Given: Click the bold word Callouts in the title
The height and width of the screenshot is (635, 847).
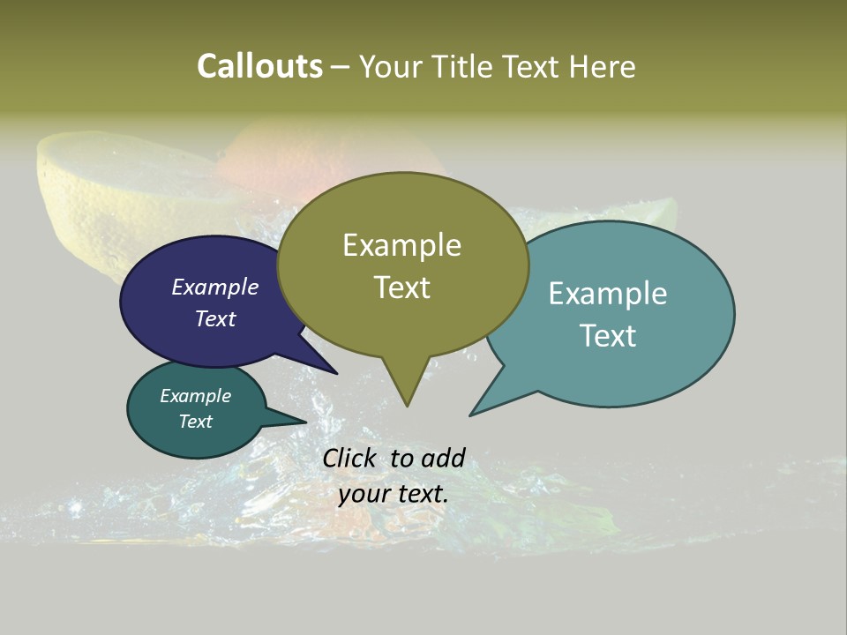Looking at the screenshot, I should pos(259,66).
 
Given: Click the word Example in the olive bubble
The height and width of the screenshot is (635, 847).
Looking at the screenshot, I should pos(401,245).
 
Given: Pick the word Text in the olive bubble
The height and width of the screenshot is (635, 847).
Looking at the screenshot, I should pos(401,288).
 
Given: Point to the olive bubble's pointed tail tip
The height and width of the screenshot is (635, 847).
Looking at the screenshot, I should pos(407,405).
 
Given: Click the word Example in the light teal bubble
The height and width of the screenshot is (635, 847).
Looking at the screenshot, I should pos(608,293).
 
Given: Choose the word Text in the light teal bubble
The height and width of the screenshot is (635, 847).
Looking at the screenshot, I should pos(608,335).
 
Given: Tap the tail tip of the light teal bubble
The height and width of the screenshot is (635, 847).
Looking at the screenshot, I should pos(471,415).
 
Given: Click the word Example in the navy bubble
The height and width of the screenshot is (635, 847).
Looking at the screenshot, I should pos(215,287).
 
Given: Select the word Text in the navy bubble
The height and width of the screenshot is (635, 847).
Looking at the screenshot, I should pos(215,318).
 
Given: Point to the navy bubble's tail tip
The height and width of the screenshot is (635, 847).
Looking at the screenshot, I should pos(336,373).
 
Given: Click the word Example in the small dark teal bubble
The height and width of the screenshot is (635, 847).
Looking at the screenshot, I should pos(195,396).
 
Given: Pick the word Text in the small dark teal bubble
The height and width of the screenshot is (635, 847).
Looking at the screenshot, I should pos(195,422).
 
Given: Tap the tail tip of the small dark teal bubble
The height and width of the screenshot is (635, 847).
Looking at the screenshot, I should pos(305,422).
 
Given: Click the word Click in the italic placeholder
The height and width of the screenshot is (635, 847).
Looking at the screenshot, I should pos(349,458).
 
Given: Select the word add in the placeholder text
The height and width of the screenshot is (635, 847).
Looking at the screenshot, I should pos(443,458).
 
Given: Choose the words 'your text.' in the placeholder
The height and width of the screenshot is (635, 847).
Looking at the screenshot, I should pos(394,494).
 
